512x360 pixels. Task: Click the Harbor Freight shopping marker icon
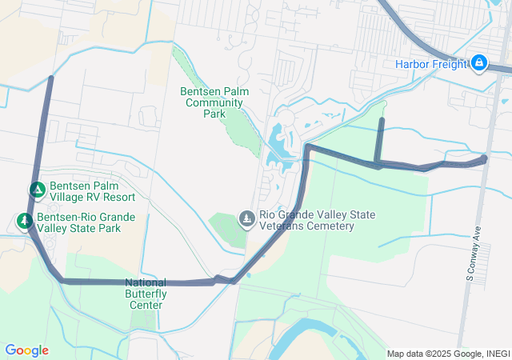click(x=479, y=62)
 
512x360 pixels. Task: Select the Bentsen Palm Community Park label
click(x=214, y=102)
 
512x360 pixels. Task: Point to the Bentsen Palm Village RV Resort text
click(x=92, y=190)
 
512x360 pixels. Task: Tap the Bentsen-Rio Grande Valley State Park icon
click(x=25, y=221)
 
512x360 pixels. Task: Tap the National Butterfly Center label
click(x=146, y=293)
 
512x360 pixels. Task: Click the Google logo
click(x=26, y=350)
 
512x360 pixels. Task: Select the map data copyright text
click(x=448, y=354)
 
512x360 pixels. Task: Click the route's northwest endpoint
click(x=51, y=78)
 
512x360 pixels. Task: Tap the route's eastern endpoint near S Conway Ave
click(x=485, y=158)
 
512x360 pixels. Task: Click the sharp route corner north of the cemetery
click(x=308, y=147)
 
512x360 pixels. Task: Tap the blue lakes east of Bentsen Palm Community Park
click(x=280, y=144)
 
